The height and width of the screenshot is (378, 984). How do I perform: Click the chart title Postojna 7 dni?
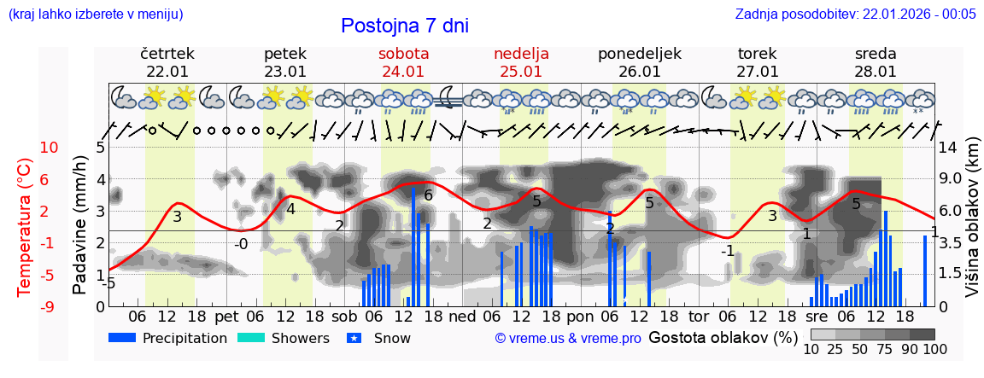(x=404, y=26)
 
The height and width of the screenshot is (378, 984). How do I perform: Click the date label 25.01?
(x=521, y=72)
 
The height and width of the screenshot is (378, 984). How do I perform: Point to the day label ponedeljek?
(x=639, y=54)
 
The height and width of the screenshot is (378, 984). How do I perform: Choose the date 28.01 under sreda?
(x=876, y=72)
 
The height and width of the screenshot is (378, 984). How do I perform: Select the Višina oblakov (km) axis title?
(x=972, y=226)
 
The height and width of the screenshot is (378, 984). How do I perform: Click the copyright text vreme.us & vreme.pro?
(x=568, y=339)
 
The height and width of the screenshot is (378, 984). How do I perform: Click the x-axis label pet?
(x=226, y=317)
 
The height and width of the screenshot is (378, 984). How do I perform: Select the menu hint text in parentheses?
(x=95, y=15)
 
